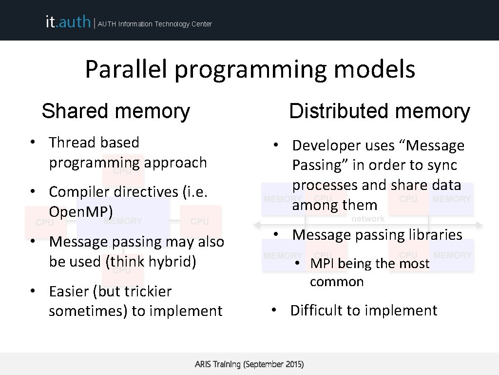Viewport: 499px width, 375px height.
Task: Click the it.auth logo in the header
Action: tap(68, 22)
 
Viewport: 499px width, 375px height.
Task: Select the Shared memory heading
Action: tap(115, 111)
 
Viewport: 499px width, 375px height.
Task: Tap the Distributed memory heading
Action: tap(379, 111)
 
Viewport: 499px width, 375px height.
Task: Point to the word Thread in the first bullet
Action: tap(72, 143)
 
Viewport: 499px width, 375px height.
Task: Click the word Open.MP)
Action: tap(81, 211)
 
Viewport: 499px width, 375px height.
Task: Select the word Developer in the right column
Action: tap(323, 146)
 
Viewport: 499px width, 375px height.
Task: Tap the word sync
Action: tap(442, 165)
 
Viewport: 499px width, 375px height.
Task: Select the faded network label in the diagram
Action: tap(368, 219)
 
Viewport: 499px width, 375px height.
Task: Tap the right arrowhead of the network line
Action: tap(480, 225)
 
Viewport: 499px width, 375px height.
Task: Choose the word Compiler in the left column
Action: tap(80, 191)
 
